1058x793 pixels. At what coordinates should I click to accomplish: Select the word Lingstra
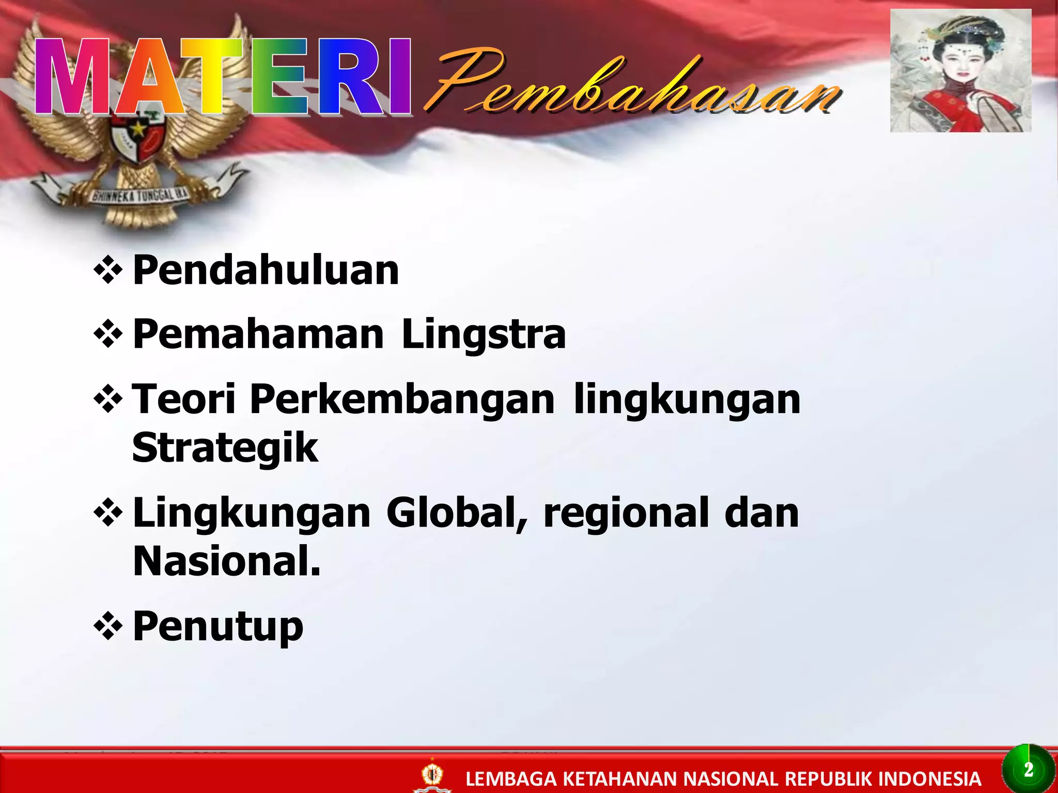[x=484, y=335]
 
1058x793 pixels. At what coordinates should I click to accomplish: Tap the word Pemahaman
[x=258, y=335]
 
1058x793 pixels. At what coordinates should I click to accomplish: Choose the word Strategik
[x=225, y=448]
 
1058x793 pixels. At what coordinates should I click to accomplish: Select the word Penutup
[x=218, y=627]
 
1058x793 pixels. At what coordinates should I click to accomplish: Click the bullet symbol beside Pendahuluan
[x=108, y=270]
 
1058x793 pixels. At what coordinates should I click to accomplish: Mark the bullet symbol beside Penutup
[x=108, y=627]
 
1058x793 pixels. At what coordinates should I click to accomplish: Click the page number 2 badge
[x=1028, y=770]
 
